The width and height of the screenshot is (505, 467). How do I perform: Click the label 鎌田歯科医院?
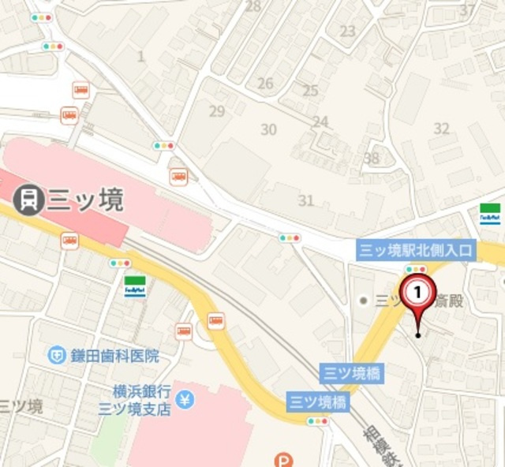114,356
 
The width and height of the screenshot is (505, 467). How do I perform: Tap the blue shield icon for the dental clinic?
56,356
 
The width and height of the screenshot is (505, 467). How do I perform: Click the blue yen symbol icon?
186,400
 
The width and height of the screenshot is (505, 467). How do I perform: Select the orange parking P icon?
282,460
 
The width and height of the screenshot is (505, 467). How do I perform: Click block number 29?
217,111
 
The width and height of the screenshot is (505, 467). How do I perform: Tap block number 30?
269,129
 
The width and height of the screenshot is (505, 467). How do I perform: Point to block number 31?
306,200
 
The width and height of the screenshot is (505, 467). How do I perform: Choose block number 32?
441,129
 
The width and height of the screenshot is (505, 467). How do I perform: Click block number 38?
371,159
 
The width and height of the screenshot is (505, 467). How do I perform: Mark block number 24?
320,122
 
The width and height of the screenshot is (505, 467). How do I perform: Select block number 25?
310,91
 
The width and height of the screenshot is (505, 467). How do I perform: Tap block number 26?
265,84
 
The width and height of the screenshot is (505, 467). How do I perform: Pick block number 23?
348,32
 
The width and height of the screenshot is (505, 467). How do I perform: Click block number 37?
468,10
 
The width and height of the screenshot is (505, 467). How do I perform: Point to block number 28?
252,6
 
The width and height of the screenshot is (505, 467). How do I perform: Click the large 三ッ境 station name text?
86,200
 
